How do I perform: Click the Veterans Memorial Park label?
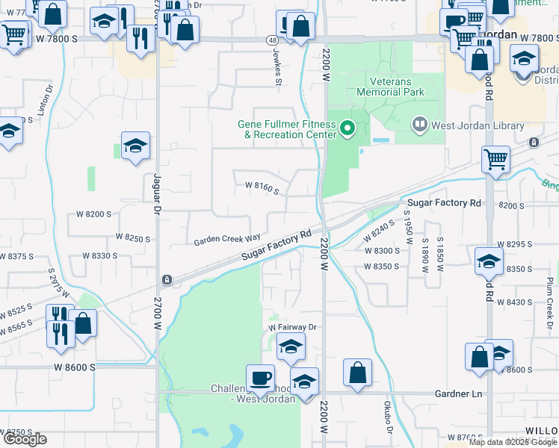tap(396, 87)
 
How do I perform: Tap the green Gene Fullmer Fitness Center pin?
tap(347, 129)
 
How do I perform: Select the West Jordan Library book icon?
tap(420, 125)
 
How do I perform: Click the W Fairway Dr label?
tap(293, 327)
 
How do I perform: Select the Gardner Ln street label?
tap(456, 392)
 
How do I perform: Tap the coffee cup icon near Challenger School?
tap(260, 377)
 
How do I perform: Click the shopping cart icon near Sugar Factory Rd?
tap(496, 159)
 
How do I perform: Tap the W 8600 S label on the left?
tap(75, 367)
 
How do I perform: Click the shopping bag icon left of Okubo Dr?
tap(358, 372)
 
